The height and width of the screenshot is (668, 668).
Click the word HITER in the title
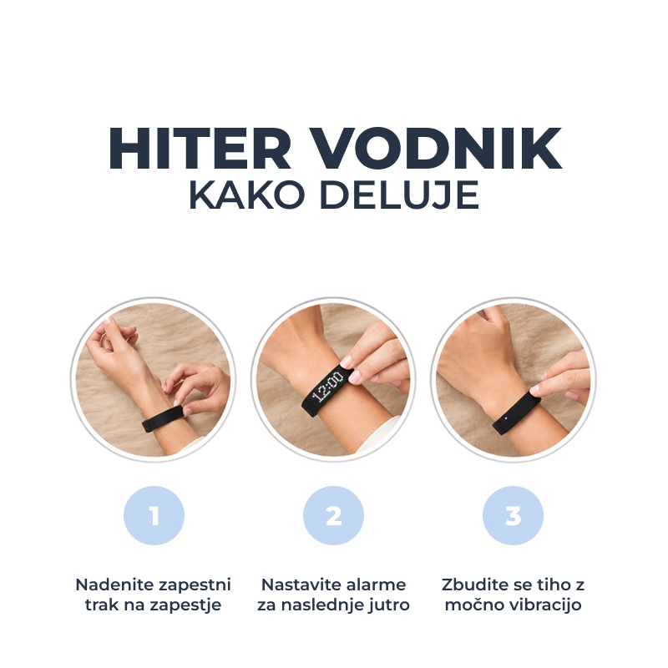tap(200, 149)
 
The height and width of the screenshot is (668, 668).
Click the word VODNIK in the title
tap(435, 149)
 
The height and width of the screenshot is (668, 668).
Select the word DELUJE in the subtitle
tap(399, 196)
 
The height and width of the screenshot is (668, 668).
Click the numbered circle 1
tap(154, 515)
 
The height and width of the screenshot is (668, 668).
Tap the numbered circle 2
tap(333, 515)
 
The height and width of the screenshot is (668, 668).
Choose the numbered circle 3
tap(513, 515)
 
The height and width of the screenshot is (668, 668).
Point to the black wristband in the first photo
tap(163, 419)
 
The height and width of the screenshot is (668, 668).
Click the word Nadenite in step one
tap(111, 584)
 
